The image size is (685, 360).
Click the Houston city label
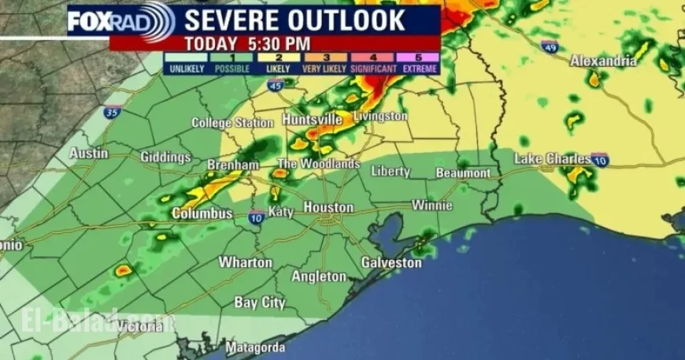(x=328, y=207)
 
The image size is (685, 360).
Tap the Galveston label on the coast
(x=391, y=262)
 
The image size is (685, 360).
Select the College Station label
(x=233, y=123)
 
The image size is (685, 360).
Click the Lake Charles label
(x=552, y=159)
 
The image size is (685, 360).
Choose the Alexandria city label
(x=603, y=61)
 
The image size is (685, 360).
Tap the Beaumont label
(x=462, y=173)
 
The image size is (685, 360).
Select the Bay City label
(x=260, y=302)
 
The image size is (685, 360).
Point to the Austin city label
(x=89, y=154)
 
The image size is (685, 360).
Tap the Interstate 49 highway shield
(x=551, y=46)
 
